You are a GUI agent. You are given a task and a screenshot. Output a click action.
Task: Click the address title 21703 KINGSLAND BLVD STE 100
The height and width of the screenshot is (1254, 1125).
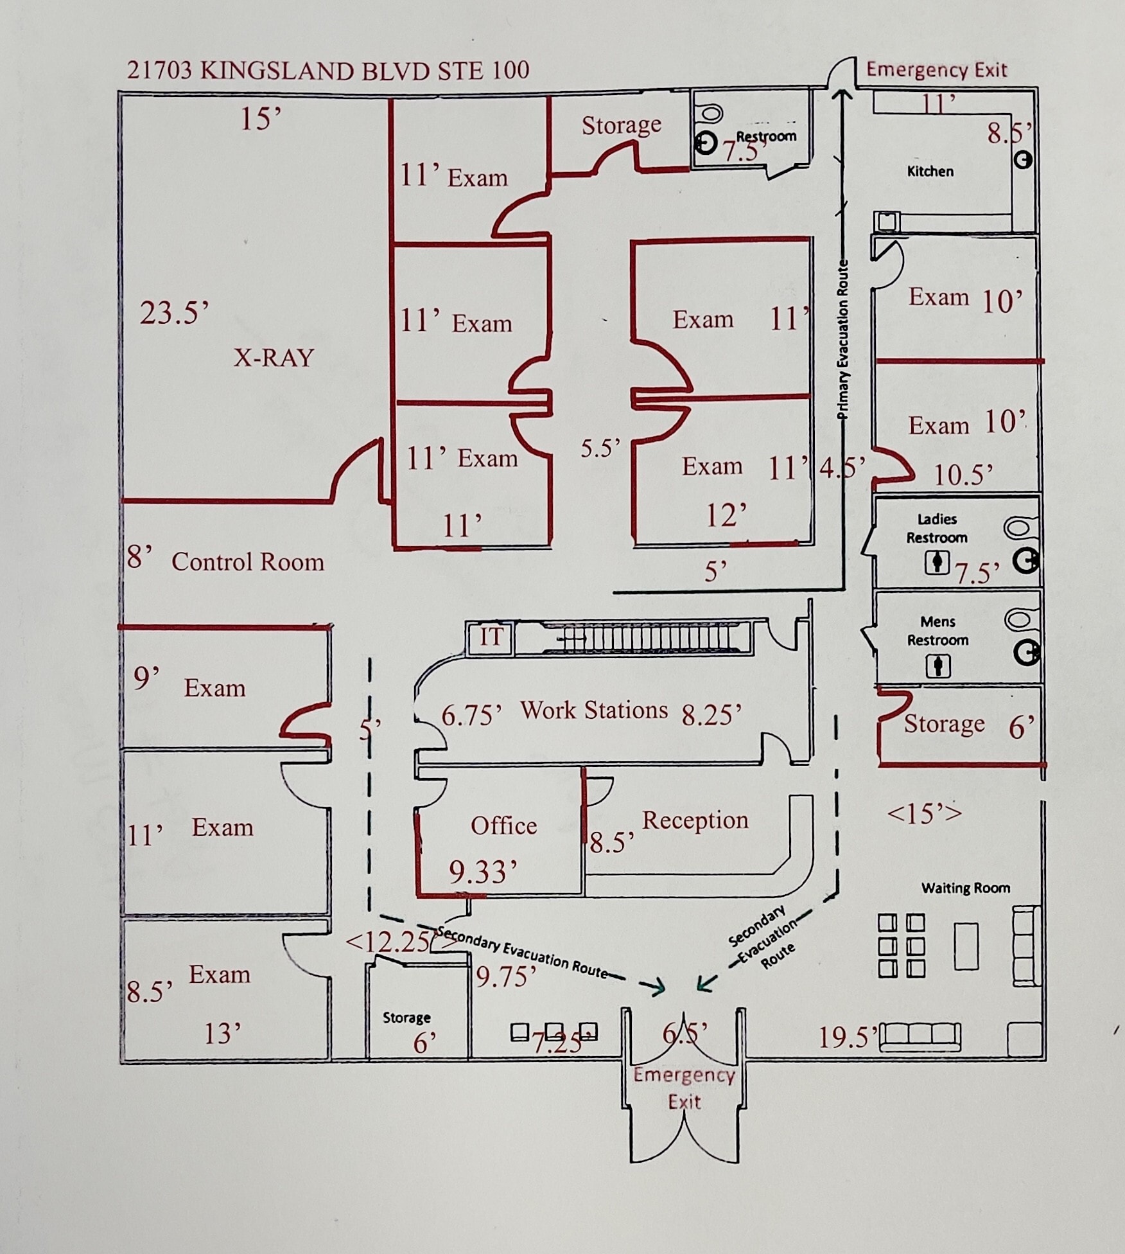(x=327, y=70)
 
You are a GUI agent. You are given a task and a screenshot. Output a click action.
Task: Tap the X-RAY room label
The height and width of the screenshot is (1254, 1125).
(x=274, y=357)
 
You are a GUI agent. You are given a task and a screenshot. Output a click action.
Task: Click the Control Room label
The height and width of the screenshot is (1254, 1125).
(x=247, y=562)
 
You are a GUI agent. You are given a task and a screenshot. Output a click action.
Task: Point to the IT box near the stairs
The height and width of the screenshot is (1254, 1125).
(x=491, y=637)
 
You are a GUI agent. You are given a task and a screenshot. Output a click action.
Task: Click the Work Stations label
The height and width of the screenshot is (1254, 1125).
(x=594, y=710)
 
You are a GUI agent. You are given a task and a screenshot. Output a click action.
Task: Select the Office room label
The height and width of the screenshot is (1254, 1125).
(x=503, y=826)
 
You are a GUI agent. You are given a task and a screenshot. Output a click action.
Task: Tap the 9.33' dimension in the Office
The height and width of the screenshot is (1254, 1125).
(x=483, y=872)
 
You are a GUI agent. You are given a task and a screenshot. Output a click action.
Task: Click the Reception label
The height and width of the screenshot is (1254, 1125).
(x=695, y=820)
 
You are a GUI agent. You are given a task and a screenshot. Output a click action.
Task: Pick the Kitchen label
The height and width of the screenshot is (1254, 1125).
(x=930, y=172)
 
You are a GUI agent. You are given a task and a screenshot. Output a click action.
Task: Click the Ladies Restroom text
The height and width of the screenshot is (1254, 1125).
(x=937, y=528)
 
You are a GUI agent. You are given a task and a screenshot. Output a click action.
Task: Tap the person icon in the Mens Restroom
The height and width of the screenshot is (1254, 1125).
(x=937, y=666)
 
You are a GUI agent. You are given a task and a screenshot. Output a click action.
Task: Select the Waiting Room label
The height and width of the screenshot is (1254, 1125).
(x=965, y=888)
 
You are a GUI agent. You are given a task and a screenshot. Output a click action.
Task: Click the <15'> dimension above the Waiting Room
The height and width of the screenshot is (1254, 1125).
(x=924, y=813)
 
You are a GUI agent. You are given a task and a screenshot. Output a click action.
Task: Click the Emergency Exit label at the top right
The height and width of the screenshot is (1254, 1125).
(x=936, y=69)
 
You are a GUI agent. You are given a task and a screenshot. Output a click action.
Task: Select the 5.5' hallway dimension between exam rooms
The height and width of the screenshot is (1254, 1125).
(x=600, y=448)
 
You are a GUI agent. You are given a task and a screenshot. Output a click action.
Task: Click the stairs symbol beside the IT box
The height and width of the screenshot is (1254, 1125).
(x=642, y=638)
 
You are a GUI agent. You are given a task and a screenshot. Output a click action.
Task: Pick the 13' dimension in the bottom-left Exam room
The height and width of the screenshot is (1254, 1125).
(x=222, y=1034)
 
